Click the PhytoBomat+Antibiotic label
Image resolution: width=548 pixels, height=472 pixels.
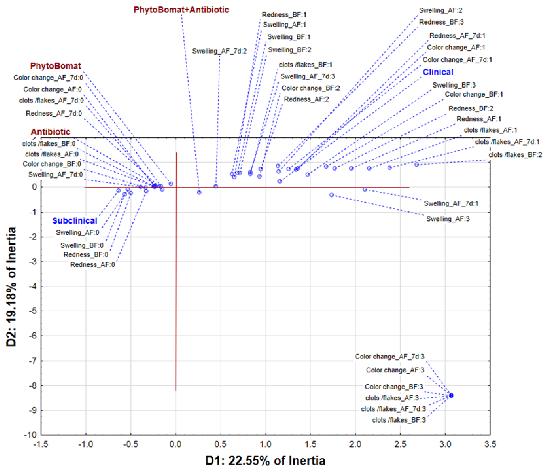click(x=181, y=10)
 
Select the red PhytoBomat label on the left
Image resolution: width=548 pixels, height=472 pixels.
click(x=55, y=66)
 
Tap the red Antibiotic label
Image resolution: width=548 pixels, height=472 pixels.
click(x=50, y=132)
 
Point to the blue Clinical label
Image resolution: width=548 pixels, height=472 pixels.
click(x=438, y=72)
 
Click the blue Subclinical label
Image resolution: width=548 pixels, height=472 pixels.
click(x=75, y=221)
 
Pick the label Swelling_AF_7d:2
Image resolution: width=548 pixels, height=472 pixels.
click(x=219, y=51)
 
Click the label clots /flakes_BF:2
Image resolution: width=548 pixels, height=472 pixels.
click(x=515, y=155)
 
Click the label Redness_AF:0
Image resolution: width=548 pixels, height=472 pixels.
click(x=92, y=264)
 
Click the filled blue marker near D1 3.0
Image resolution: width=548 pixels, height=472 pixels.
click(x=451, y=395)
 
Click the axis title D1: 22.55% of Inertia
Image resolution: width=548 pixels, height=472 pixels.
click(x=265, y=461)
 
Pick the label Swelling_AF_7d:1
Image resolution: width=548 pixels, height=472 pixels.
click(x=451, y=203)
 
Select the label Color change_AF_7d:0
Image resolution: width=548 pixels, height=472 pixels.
click(x=48, y=77)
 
